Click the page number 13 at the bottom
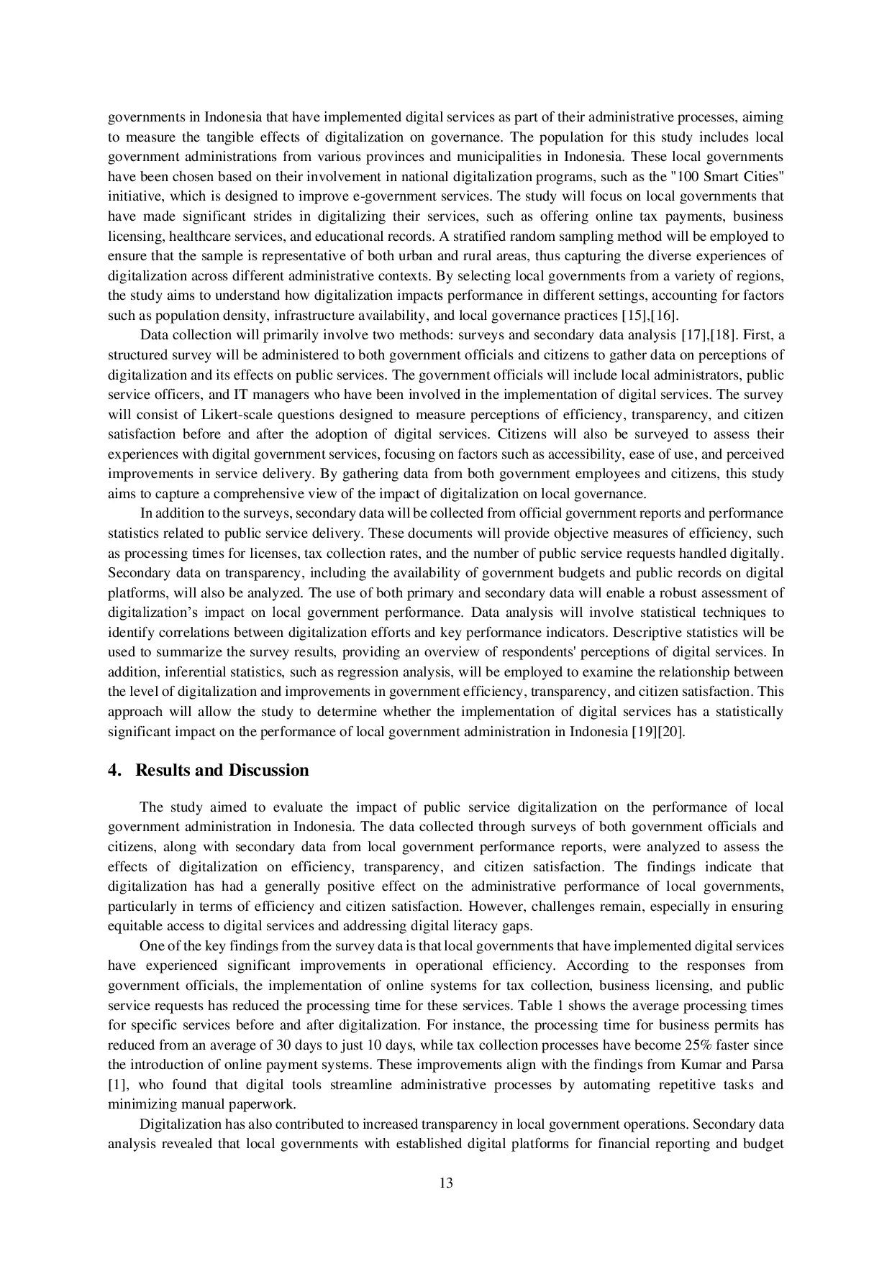click(x=445, y=1183)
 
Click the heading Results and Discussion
click(x=222, y=771)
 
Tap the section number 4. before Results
click(x=114, y=771)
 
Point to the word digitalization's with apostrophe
click(x=150, y=613)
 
